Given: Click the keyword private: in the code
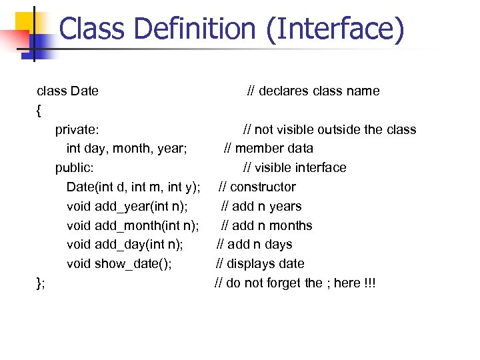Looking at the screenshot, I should [77, 129].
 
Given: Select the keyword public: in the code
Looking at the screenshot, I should [75, 167].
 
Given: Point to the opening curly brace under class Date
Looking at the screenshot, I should [39, 109].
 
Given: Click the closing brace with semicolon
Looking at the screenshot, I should [41, 283].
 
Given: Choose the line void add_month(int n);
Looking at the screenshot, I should [133, 225].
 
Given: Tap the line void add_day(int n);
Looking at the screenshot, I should [125, 245].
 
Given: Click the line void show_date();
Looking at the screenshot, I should [119, 264].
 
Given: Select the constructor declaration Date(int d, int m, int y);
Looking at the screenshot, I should [133, 187].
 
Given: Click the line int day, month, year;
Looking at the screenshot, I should [126, 148].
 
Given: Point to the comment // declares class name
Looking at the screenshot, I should [313, 91].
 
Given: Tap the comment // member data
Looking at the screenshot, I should [268, 148].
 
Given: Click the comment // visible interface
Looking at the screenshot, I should [295, 167].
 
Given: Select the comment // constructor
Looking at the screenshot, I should [257, 187].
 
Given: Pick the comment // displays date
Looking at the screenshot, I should [261, 264].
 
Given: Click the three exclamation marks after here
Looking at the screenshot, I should [370, 283].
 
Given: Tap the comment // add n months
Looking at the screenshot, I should [267, 225].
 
